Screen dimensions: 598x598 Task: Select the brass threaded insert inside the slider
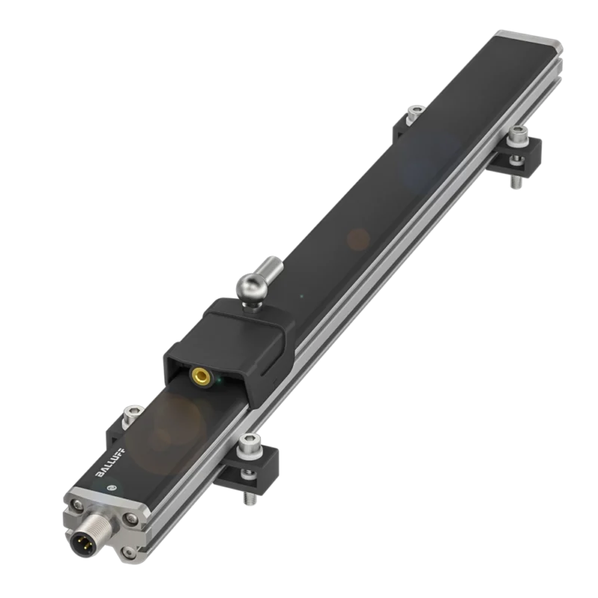click(x=202, y=377)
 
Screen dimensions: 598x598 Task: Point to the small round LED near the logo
click(x=111, y=487)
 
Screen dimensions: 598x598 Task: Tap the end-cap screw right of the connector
click(x=132, y=518)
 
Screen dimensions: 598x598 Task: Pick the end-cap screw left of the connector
click(x=78, y=505)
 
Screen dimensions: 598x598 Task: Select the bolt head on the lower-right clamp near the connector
click(x=249, y=446)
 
